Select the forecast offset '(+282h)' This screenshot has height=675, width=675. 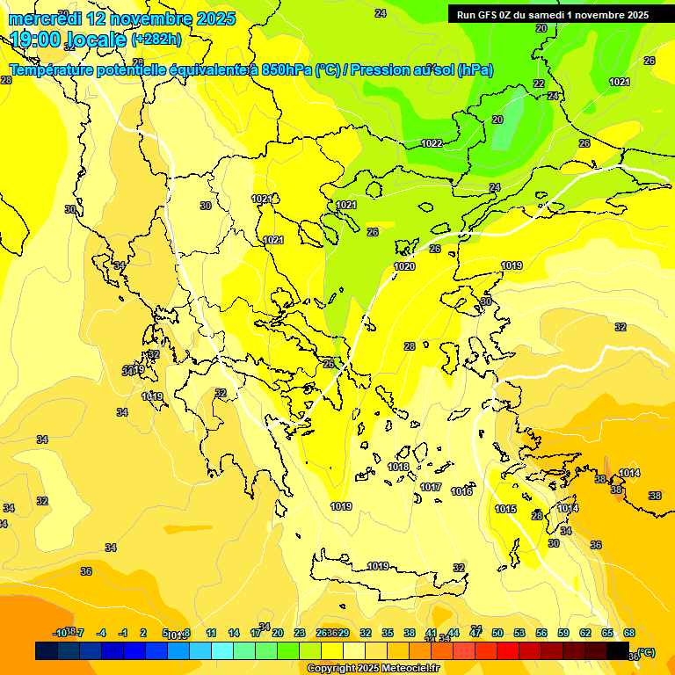pyautogui.click(x=156, y=40)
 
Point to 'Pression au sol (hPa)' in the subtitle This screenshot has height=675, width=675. pyautogui.click(x=422, y=70)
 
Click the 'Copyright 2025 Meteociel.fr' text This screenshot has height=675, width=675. pyautogui.click(x=374, y=669)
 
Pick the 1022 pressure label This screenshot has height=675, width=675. pyautogui.click(x=432, y=143)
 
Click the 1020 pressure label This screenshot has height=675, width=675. pyautogui.click(x=404, y=266)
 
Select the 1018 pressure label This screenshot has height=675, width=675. pyautogui.click(x=398, y=467)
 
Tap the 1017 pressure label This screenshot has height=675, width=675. pyautogui.click(x=431, y=487)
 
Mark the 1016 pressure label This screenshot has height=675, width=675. pyautogui.click(x=461, y=491)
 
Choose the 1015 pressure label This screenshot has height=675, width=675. pyautogui.click(x=505, y=509)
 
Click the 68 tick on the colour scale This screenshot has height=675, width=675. pyautogui.click(x=629, y=633)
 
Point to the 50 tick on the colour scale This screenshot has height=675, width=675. pyautogui.click(x=497, y=633)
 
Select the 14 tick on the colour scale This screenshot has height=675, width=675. pyautogui.click(x=234, y=633)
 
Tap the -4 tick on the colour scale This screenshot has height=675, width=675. pyautogui.click(x=101, y=633)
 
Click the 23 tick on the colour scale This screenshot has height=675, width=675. pyautogui.click(x=300, y=633)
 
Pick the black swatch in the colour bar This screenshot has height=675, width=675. pyautogui.click(x=618, y=651)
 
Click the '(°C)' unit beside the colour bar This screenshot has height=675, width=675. pyautogui.click(x=645, y=652)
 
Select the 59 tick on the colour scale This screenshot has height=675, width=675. pyautogui.click(x=563, y=633)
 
